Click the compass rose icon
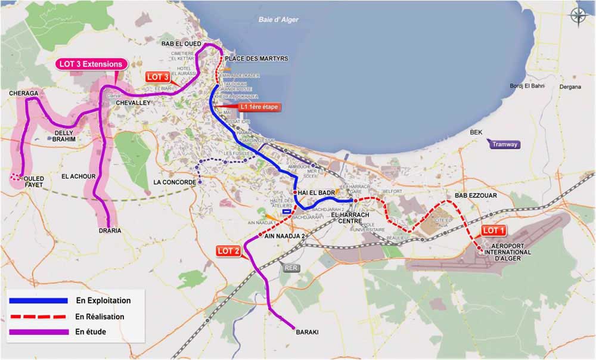(x=578, y=15)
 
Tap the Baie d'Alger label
(x=278, y=20)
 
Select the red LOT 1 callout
(x=493, y=231)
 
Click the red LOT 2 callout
(x=228, y=251)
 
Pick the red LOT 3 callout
(x=159, y=77)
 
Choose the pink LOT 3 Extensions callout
(x=91, y=64)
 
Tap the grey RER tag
(x=292, y=268)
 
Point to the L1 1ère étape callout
(x=257, y=107)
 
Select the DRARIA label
(x=110, y=231)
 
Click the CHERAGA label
(x=23, y=94)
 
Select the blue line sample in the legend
(x=38, y=301)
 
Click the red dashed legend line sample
(x=38, y=316)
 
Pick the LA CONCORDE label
(x=174, y=182)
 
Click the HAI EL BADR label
(x=316, y=193)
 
